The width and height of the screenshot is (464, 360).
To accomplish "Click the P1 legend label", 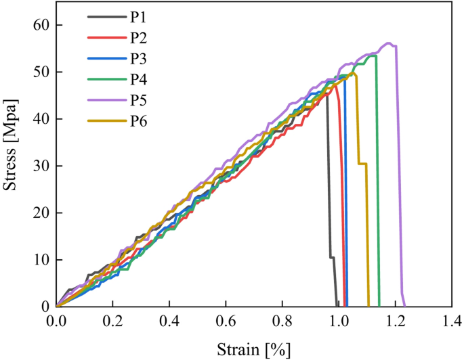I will pos(140,18).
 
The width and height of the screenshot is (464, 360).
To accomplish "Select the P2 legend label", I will pos(140,38).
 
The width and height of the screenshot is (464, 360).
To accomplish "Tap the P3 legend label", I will pos(140,59).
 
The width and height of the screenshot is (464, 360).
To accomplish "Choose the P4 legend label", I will pos(140,80).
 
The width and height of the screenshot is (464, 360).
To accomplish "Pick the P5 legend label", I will pos(140,101).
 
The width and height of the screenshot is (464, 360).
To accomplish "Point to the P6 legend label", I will pos(140,122).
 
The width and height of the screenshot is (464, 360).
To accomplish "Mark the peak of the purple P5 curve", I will pos(389,43).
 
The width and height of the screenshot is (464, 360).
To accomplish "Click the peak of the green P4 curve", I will pos(371,56).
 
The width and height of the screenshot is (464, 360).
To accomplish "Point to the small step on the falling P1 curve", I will pos(332,257).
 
